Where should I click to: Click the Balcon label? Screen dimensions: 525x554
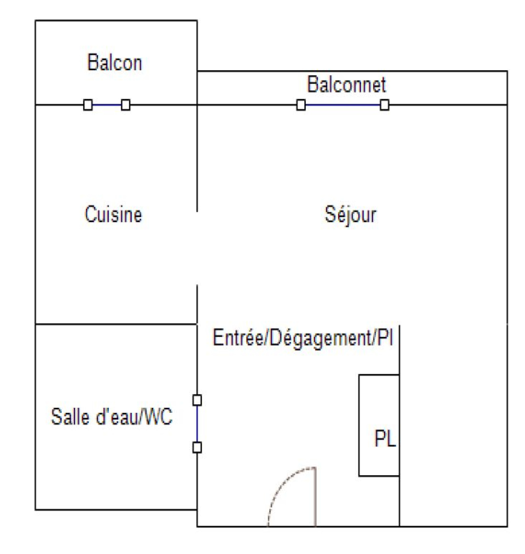pyautogui.click(x=114, y=62)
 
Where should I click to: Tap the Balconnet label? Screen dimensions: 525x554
pyautogui.click(x=346, y=84)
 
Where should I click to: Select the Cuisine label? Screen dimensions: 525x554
pyautogui.click(x=113, y=214)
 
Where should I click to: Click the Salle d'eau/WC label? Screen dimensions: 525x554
pyautogui.click(x=112, y=416)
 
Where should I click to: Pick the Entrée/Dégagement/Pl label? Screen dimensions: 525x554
pyautogui.click(x=303, y=338)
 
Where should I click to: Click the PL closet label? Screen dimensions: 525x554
pyautogui.click(x=385, y=438)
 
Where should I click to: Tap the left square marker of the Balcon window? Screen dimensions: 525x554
pyautogui.click(x=88, y=105)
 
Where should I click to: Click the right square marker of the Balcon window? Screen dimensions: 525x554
pyautogui.click(x=125, y=105)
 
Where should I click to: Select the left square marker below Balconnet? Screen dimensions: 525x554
pyautogui.click(x=301, y=105)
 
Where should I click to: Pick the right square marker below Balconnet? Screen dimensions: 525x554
pyautogui.click(x=384, y=105)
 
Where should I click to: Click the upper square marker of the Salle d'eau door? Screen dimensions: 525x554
pyautogui.click(x=197, y=400)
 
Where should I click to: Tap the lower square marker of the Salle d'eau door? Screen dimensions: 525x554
pyautogui.click(x=197, y=447)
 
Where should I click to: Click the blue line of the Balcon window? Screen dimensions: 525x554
pyautogui.click(x=107, y=105)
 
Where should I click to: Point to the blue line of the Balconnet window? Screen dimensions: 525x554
pyautogui.click(x=343, y=105)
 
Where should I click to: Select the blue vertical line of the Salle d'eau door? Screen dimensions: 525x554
pyautogui.click(x=197, y=424)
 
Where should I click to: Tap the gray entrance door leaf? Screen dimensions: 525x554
pyautogui.click(x=315, y=497)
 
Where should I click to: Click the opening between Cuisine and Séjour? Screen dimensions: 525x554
pyautogui.click(x=197, y=248)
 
